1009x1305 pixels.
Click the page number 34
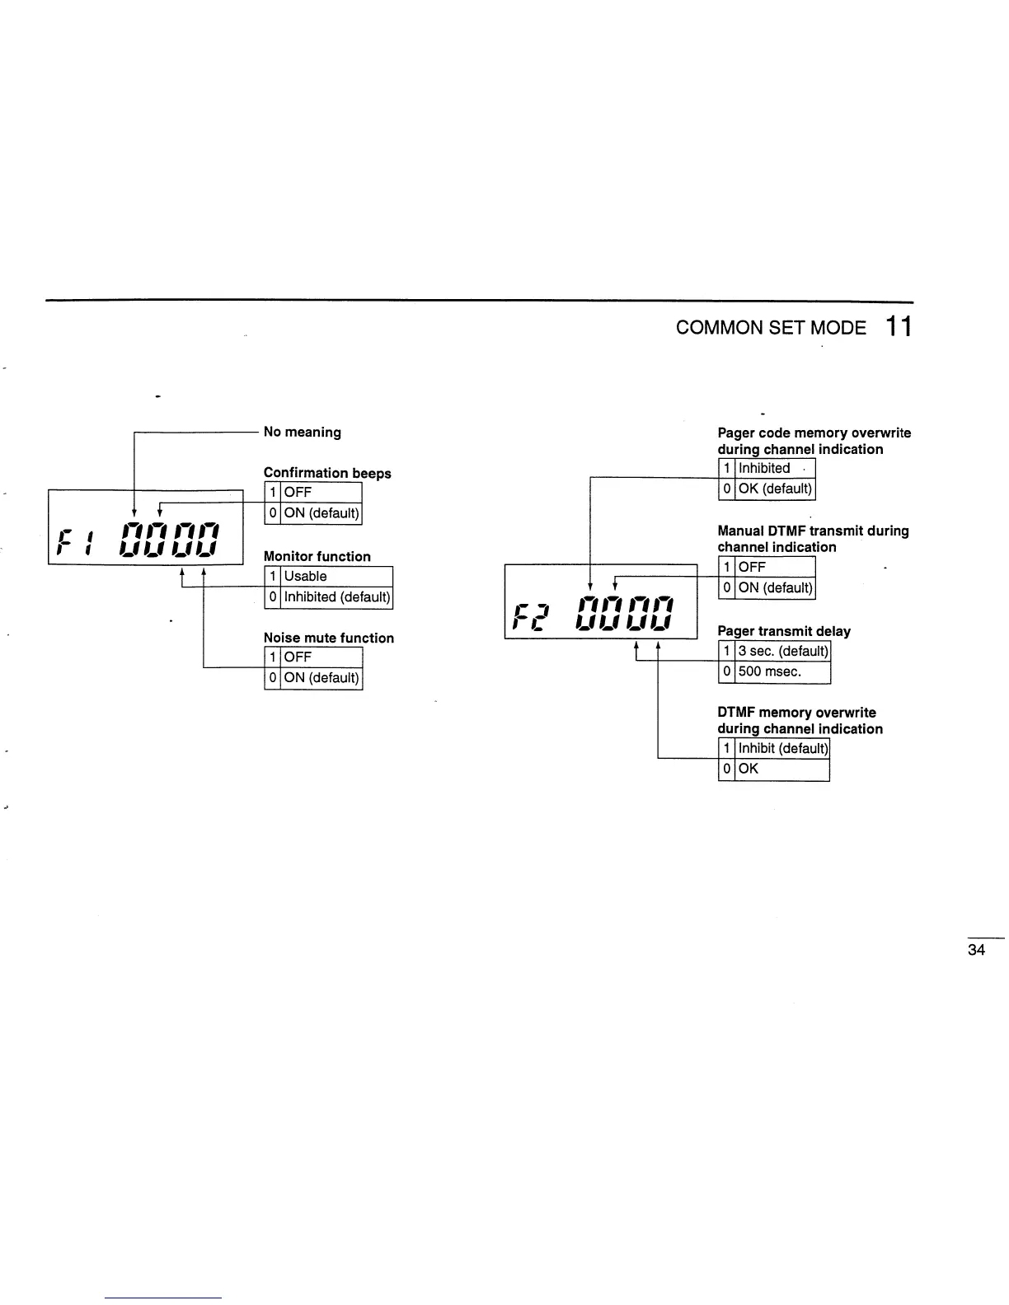point(976,950)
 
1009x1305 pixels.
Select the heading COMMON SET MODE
point(771,328)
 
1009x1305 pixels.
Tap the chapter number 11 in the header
point(899,327)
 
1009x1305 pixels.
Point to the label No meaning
point(302,432)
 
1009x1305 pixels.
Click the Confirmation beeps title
point(327,473)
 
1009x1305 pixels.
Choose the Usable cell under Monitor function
point(306,577)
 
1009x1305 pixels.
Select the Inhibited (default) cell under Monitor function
point(336,597)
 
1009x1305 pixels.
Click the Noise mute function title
point(328,638)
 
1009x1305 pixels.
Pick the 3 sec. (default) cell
point(782,652)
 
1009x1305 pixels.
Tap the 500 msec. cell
point(770,672)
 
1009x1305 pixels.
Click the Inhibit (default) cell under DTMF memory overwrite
point(782,749)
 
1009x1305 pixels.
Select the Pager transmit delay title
point(784,631)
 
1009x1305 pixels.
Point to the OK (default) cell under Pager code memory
point(775,489)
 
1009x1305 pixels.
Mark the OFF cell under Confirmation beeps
point(298,493)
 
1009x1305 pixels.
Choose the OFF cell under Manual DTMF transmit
point(753,568)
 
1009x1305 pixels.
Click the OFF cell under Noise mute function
point(298,657)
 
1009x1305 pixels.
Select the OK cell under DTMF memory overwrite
point(749,769)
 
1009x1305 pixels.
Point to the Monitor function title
point(317,557)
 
